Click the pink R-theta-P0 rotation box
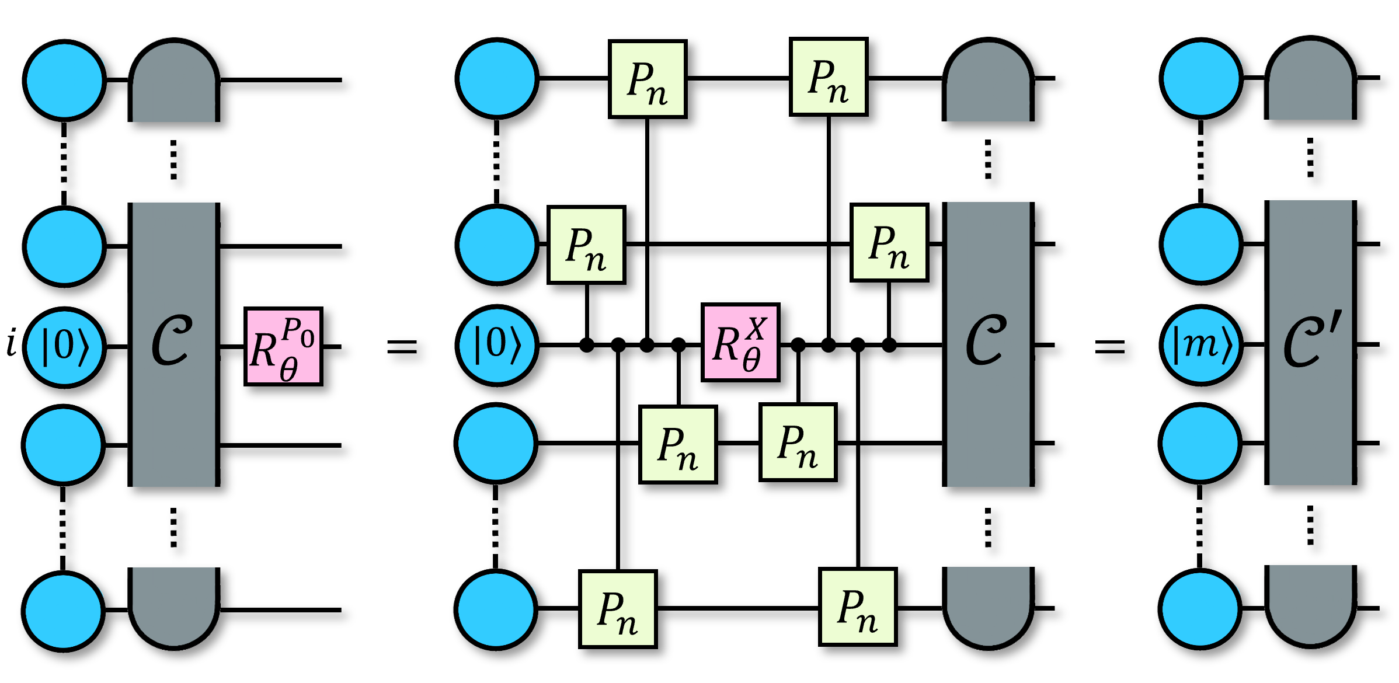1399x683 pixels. coord(283,346)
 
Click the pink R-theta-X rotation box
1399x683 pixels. coord(740,342)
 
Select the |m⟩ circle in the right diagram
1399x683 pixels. coord(1201,345)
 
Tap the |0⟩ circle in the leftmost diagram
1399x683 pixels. coord(64,346)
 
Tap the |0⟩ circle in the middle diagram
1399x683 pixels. coord(497,345)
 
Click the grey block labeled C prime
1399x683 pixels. coord(1310,342)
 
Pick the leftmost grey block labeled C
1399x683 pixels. coord(173,344)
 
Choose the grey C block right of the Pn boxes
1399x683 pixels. coord(988,344)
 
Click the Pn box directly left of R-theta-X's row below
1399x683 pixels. coord(678,444)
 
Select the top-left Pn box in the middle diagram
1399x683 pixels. coord(648,79)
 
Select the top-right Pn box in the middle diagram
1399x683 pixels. coord(829,76)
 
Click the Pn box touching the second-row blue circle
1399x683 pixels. coord(586,245)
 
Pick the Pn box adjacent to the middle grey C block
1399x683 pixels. coord(889,242)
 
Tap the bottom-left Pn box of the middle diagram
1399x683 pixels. coord(618,609)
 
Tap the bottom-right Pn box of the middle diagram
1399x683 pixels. coord(858,607)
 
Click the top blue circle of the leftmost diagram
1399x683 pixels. coord(64,80)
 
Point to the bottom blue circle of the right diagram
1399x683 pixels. coord(1200,609)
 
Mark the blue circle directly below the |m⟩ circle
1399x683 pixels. coord(1200,443)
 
